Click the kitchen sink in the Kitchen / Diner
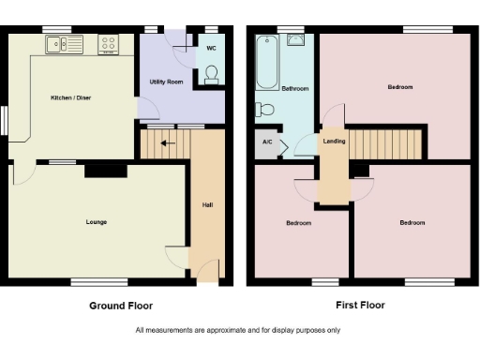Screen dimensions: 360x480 click(55, 43)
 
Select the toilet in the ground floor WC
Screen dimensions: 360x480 click(211, 73)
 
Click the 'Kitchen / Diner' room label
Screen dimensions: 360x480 click(71, 97)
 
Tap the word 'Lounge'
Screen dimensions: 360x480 click(95, 222)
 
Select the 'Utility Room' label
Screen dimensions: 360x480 click(165, 82)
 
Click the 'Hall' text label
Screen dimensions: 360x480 click(206, 204)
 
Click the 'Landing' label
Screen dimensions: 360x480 click(333, 142)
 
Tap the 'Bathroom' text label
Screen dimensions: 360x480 click(295, 89)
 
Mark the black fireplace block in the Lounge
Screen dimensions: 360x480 click(106, 171)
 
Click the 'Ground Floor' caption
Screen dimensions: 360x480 click(121, 306)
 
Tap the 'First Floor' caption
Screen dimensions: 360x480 click(360, 305)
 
